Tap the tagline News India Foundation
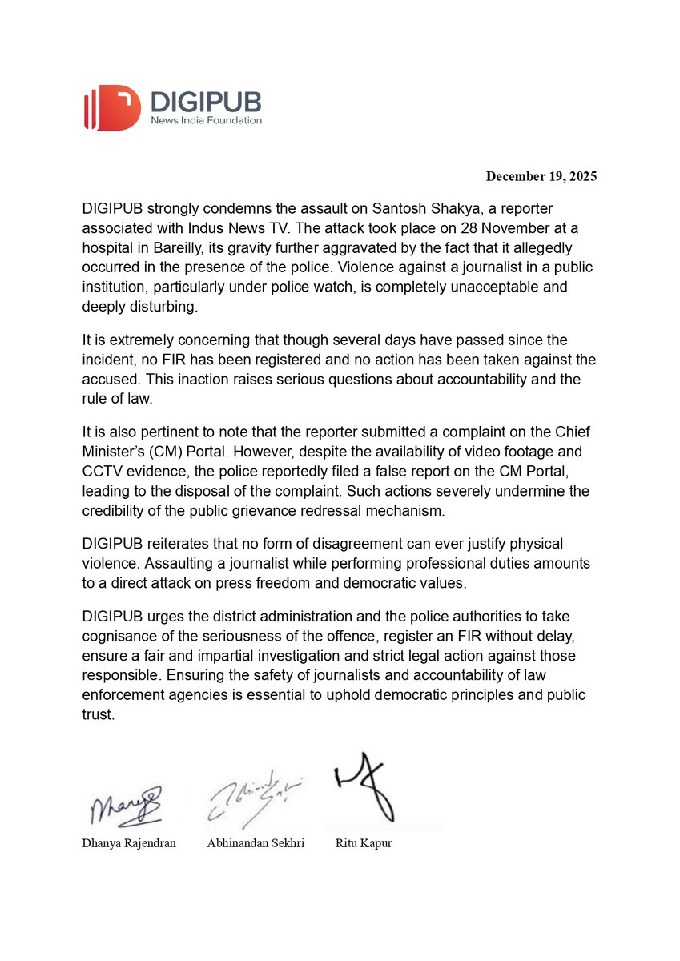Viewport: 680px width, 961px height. point(206,120)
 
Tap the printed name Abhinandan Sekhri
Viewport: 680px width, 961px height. point(255,844)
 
